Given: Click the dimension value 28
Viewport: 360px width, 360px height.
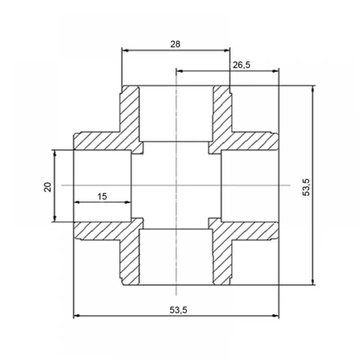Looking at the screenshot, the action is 175,44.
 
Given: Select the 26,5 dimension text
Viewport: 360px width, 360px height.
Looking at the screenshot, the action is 241,65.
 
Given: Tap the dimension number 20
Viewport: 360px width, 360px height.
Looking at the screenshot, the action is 48,187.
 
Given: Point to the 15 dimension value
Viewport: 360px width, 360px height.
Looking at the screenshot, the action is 102,197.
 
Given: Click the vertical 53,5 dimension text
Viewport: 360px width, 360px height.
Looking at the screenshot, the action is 306,187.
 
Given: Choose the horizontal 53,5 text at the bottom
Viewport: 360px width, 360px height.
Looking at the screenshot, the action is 179,310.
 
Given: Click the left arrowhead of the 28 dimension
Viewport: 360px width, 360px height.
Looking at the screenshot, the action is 125,50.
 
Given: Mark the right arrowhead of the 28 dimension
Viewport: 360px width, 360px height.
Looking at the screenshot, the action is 226,50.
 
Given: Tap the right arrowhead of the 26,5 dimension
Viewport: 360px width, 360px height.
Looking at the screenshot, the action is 275,71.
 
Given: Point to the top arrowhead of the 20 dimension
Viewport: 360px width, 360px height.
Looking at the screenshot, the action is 55,153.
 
